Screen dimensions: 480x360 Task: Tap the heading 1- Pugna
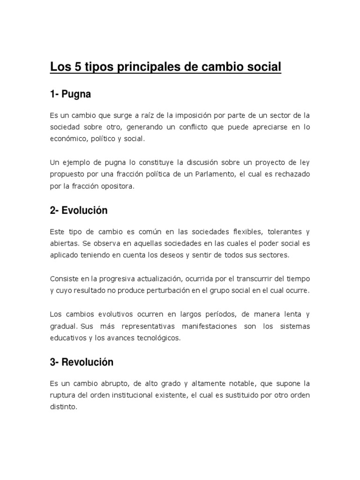coord(70,95)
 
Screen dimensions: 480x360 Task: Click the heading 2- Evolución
coord(79,210)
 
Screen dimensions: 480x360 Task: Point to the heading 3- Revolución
coord(82,362)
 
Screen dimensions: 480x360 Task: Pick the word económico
coord(66,139)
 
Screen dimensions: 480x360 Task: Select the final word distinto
coord(63,407)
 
